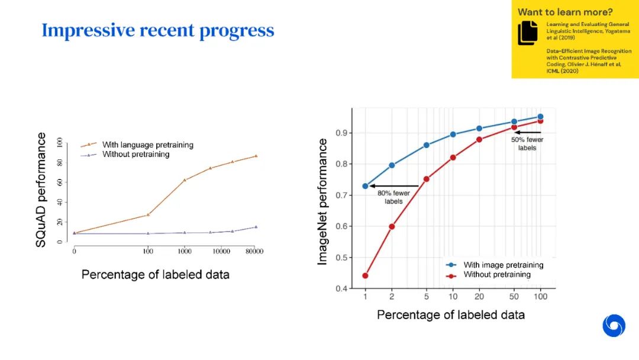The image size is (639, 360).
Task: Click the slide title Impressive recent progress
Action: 157,31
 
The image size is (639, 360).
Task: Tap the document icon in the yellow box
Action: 528,33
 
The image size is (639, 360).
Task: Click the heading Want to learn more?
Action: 565,12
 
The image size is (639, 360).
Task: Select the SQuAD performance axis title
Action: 41,189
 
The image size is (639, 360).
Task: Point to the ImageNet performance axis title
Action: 323,201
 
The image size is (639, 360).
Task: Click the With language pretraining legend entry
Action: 147,144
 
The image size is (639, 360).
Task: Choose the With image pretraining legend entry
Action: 503,265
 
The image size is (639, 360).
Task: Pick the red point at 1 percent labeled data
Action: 365,275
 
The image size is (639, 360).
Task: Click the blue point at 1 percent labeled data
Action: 365,186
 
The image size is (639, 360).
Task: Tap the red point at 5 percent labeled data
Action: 426,179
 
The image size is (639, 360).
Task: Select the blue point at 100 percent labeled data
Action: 540,117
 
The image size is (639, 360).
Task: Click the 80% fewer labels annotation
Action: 390,197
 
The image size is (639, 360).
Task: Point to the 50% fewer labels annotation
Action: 527,144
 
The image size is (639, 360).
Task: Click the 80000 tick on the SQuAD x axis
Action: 255,252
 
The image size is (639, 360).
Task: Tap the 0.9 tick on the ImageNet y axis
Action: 341,133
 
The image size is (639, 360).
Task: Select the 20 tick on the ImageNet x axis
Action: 479,297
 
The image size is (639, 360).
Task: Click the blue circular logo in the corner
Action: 614,326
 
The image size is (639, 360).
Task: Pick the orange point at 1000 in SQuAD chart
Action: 185,180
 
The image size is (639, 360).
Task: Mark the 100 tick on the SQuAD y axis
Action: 60,142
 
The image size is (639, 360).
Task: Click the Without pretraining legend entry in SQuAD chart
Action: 135,155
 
